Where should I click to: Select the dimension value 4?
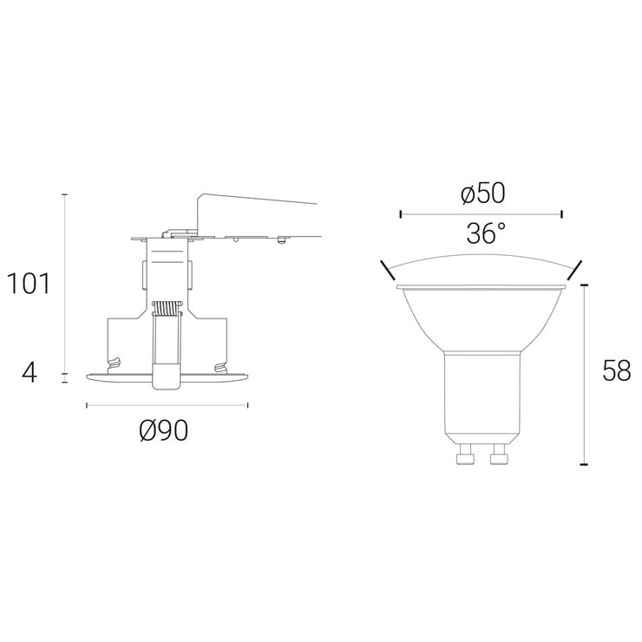point(30,373)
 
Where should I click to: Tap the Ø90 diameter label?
point(163,430)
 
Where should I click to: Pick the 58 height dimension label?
point(616,371)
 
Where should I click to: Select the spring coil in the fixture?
point(165,309)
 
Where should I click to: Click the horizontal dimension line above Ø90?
point(167,404)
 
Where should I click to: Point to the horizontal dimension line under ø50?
point(481,212)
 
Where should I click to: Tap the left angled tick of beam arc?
point(384,268)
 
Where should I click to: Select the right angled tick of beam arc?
point(575,268)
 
